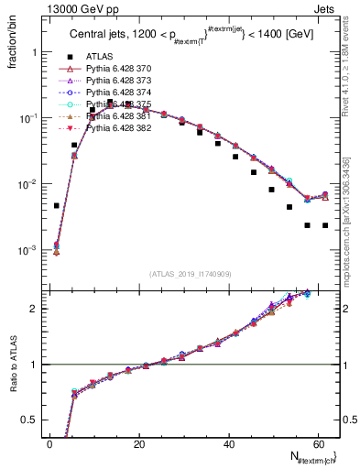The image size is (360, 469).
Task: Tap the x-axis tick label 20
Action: click(x=138, y=444)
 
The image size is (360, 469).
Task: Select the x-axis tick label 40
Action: click(x=228, y=444)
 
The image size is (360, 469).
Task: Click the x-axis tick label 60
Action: click(x=317, y=444)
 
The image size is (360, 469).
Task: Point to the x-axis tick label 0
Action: click(x=49, y=444)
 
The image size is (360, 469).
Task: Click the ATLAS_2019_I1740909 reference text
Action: click(x=191, y=274)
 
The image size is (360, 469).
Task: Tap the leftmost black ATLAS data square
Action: click(x=56, y=206)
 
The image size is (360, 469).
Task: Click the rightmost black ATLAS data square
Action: click(x=325, y=225)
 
